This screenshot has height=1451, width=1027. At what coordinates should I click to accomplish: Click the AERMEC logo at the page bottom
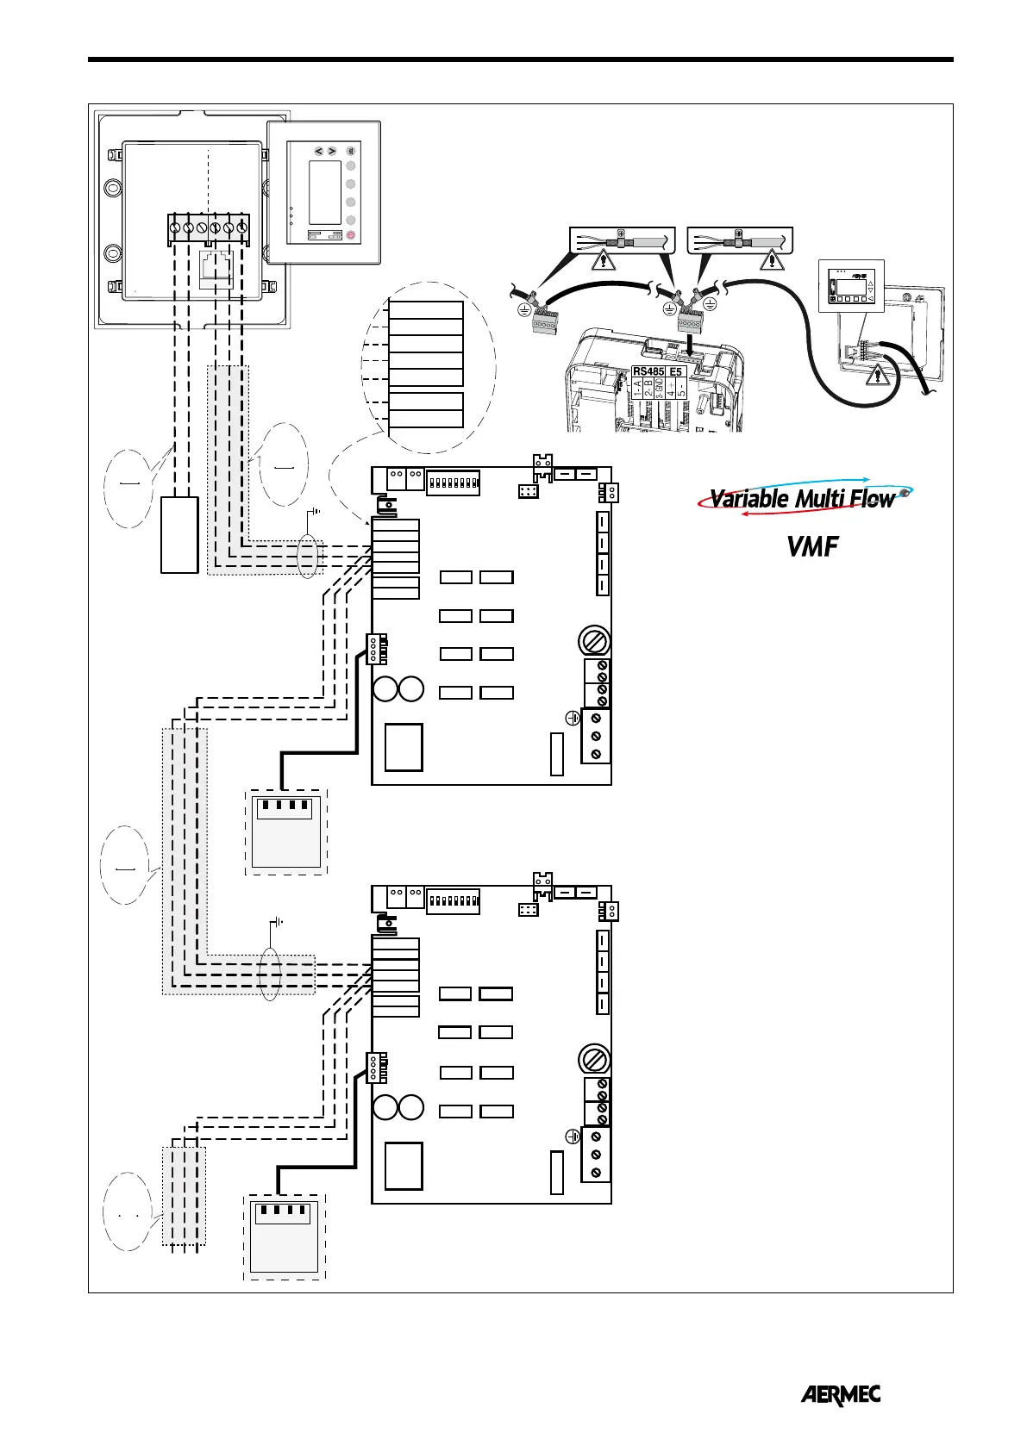click(x=841, y=1394)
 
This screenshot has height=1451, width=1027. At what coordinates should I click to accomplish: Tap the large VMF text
click(x=812, y=545)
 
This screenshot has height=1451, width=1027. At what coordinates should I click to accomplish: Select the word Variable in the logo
click(x=748, y=499)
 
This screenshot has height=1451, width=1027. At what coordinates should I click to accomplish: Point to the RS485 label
click(x=648, y=372)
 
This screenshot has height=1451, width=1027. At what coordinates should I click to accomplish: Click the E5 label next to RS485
click(x=676, y=372)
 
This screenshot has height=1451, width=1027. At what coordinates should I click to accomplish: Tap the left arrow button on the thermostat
click(x=318, y=152)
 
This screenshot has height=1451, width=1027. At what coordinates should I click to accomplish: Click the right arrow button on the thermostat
click(x=332, y=152)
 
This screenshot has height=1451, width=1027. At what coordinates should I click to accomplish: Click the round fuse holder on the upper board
click(x=593, y=641)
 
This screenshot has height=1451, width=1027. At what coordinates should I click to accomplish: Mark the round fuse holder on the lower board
click(x=593, y=1058)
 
